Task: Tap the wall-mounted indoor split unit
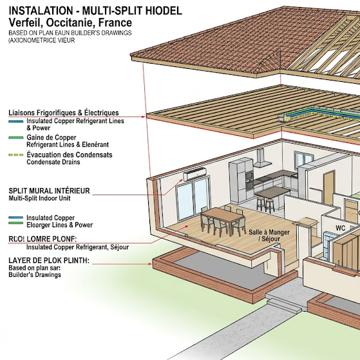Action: [x=194, y=174]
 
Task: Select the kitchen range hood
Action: [x=261, y=158]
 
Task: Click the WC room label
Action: [x=340, y=228]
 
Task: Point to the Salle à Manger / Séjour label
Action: [x=269, y=235]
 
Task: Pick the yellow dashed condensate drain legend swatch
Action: [x=16, y=155]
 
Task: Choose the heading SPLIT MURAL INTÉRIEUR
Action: [x=49, y=191]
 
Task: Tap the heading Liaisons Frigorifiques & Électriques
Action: [x=64, y=113]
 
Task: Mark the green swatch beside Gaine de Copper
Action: [x=16, y=138]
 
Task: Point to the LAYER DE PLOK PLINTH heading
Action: [x=49, y=260]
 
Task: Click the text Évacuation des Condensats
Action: [x=70, y=155]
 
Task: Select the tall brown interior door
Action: [x=329, y=187]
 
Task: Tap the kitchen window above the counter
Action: [x=303, y=160]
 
